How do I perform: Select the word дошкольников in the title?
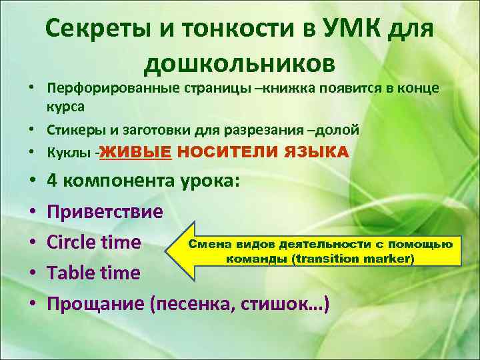tap(240, 63)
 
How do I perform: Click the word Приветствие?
tap(105, 212)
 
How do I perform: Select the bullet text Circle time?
tap(93, 242)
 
